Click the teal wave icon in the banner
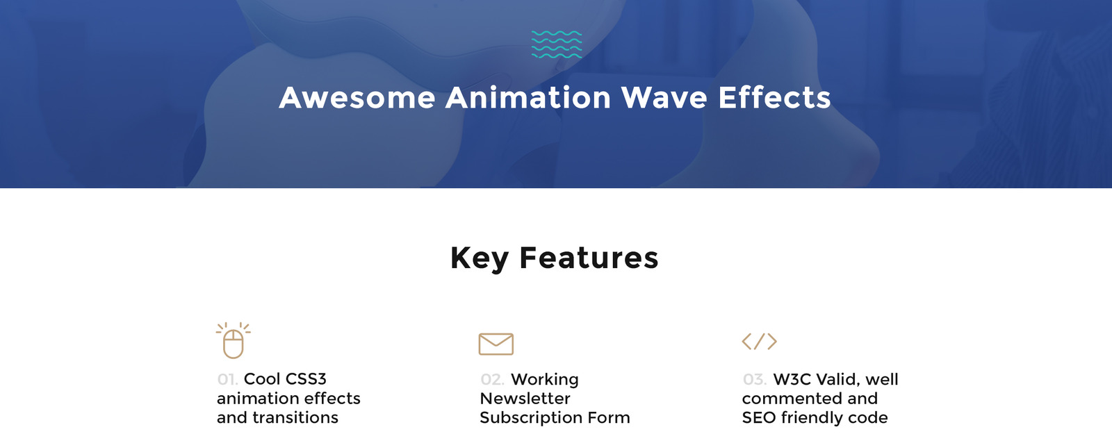click(x=556, y=44)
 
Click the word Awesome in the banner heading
click(x=357, y=98)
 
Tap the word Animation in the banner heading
click(x=528, y=98)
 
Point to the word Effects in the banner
click(x=774, y=98)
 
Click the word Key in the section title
click(x=479, y=258)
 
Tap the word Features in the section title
click(x=589, y=258)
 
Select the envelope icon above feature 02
click(x=496, y=344)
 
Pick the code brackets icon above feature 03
click(x=759, y=342)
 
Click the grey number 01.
click(x=227, y=380)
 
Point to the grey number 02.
click(x=491, y=380)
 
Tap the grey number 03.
click(x=754, y=380)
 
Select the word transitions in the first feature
click(x=295, y=418)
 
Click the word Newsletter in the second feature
click(x=525, y=399)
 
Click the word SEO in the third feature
click(x=758, y=418)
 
